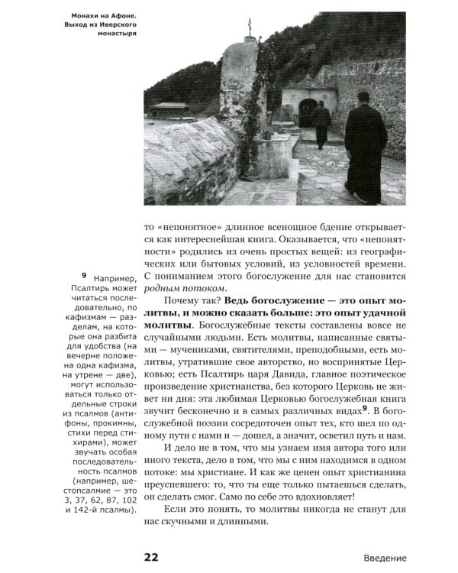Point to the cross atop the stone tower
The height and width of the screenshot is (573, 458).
[x=248, y=24]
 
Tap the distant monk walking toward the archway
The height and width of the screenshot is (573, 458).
[x=321, y=122]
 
